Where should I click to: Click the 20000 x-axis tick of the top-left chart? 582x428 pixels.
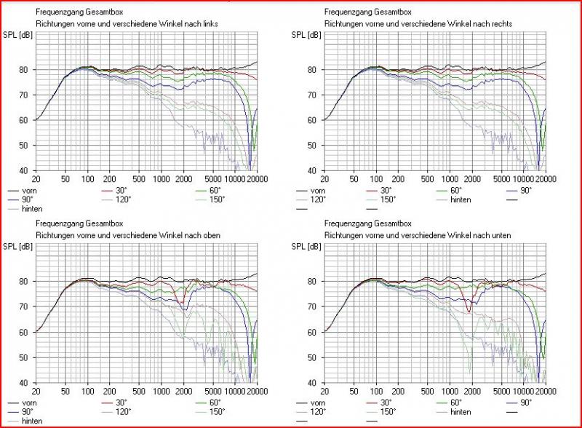point(247,178)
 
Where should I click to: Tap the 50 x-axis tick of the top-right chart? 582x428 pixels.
point(354,178)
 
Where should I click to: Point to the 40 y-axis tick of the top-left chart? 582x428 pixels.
point(25,171)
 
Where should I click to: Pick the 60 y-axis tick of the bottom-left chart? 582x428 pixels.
point(25,332)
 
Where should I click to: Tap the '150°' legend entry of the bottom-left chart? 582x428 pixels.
point(218,411)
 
